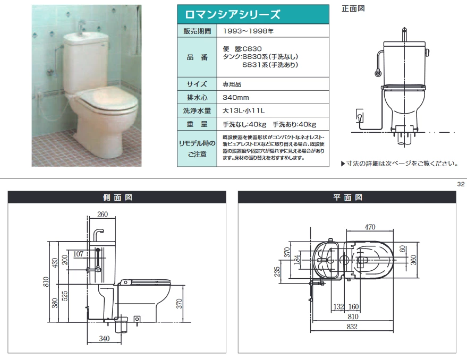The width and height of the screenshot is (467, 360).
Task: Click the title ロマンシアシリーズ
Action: [x=232, y=14]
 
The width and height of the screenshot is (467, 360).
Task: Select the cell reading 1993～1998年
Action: [x=248, y=31]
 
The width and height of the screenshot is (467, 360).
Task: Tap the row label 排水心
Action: [x=197, y=97]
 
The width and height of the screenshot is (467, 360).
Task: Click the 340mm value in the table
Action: [x=235, y=97]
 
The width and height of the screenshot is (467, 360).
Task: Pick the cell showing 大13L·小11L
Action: [x=243, y=111]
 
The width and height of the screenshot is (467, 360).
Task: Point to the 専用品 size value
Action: [x=232, y=84]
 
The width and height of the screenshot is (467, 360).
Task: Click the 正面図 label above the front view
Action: [x=353, y=8]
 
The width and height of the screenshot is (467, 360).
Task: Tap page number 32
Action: [x=461, y=184]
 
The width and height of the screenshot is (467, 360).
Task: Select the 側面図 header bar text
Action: [x=117, y=198]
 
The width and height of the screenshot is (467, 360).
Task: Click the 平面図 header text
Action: [x=347, y=198]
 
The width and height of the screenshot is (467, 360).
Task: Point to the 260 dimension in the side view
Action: [x=103, y=214]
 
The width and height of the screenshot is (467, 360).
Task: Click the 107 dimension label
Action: [x=78, y=254]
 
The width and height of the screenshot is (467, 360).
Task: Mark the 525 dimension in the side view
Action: [x=65, y=296]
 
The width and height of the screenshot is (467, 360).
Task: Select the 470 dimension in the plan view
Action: [x=370, y=227]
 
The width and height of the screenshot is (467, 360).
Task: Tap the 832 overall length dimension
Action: [x=352, y=327]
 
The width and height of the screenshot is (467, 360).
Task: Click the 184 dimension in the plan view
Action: [x=297, y=260]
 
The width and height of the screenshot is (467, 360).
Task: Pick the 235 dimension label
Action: [x=277, y=271]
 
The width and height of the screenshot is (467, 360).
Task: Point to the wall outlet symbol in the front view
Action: [x=360, y=116]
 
